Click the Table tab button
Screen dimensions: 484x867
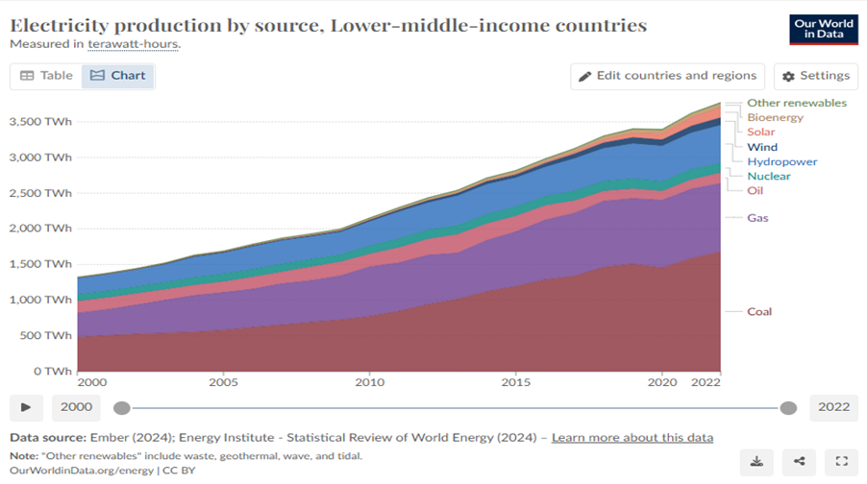tap(46, 76)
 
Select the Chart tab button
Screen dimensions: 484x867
tap(117, 76)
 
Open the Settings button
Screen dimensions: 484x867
tap(814, 76)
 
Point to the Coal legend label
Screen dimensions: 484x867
tap(759, 311)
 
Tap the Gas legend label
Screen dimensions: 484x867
tap(757, 218)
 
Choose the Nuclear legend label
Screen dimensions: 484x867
tap(769, 176)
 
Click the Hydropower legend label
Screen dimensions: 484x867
tap(781, 161)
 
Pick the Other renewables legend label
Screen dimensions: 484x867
tap(797, 103)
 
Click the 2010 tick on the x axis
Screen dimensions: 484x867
tap(370, 382)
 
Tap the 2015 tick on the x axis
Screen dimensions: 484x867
tap(516, 382)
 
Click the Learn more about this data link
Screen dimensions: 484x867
tap(632, 438)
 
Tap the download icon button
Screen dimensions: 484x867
tap(757, 462)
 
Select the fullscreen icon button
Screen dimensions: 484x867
tap(842, 462)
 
